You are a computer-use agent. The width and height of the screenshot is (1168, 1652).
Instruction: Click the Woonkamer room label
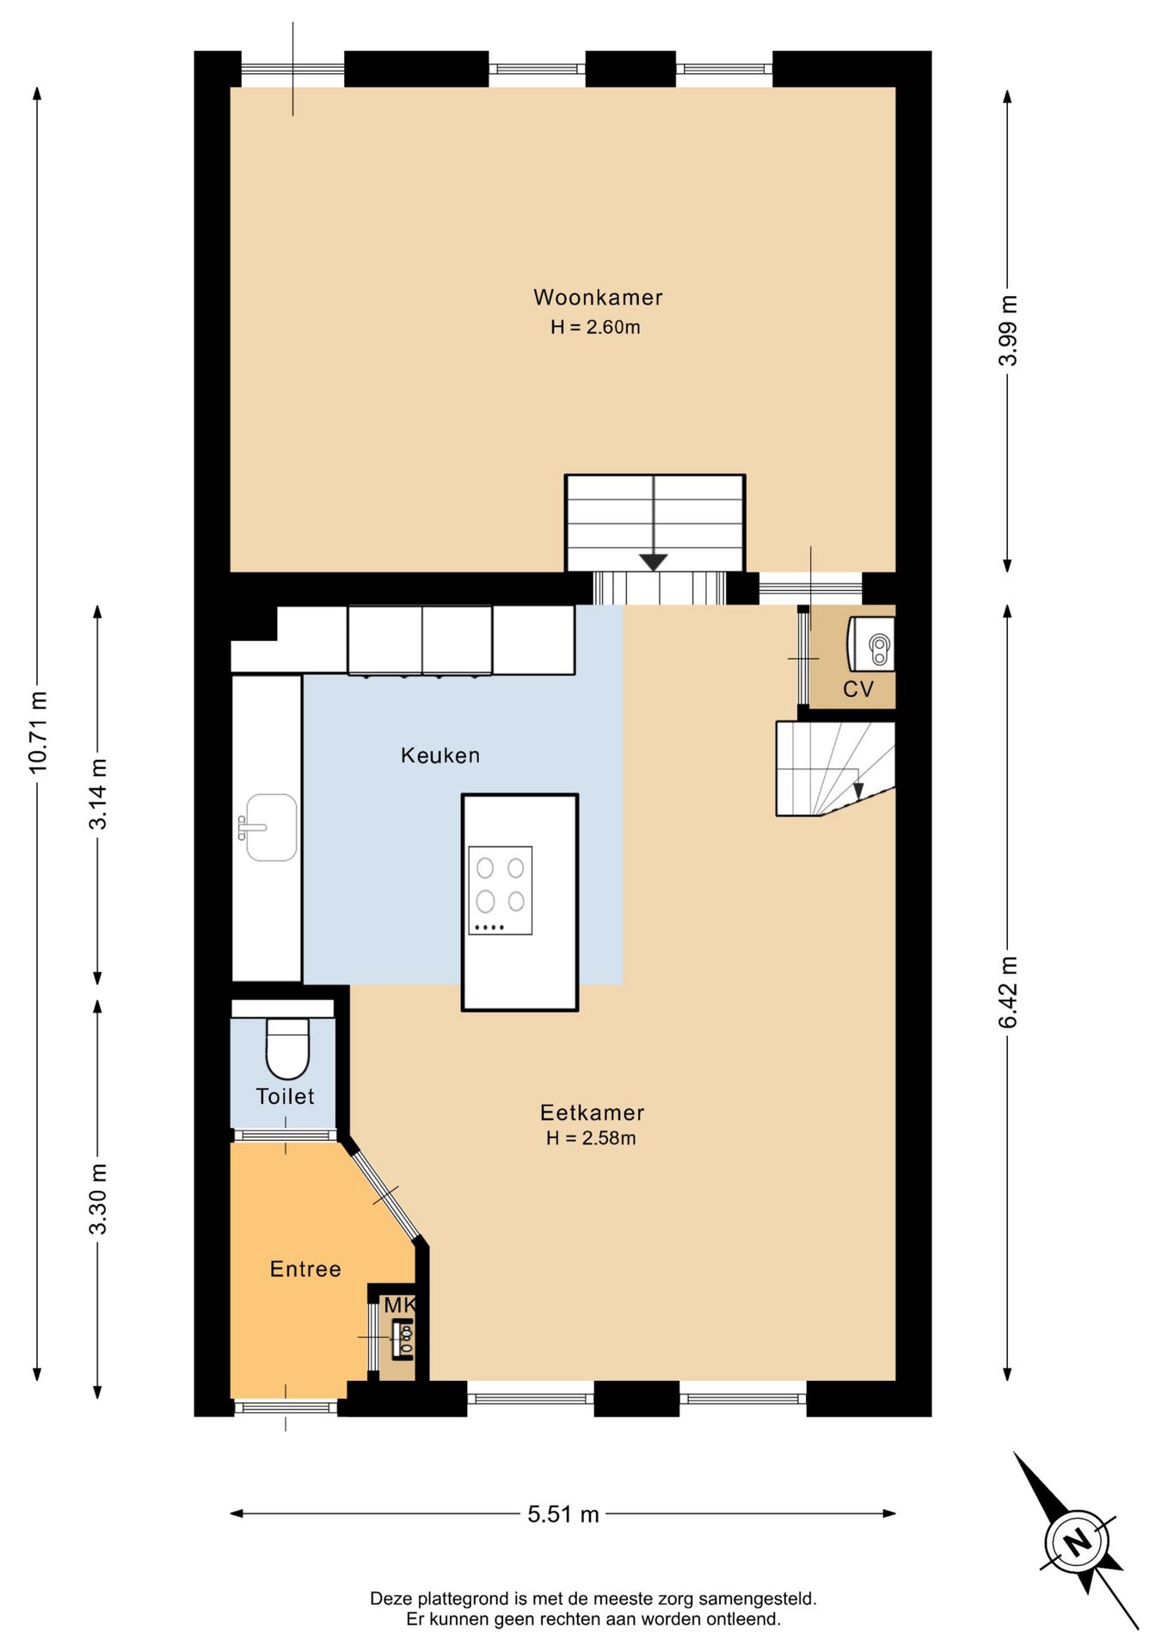click(598, 298)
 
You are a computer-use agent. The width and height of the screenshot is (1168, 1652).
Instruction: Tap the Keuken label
click(440, 755)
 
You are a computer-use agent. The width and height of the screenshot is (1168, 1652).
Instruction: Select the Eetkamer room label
click(592, 1113)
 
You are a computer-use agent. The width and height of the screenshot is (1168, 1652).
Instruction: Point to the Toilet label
click(285, 1096)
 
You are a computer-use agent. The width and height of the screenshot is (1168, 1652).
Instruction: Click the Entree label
click(305, 1269)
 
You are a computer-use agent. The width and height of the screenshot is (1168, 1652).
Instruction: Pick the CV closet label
click(858, 689)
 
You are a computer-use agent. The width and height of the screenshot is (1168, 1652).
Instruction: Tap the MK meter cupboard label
click(400, 1305)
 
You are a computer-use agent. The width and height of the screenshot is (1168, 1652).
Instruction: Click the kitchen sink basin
click(271, 828)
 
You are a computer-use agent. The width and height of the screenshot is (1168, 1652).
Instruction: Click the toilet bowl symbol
click(287, 1049)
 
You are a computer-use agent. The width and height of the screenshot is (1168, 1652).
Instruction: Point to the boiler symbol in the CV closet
click(871, 644)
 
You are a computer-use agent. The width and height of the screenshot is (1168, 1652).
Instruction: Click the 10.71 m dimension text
click(38, 731)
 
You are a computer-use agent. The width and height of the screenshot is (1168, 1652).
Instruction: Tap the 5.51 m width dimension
click(563, 1513)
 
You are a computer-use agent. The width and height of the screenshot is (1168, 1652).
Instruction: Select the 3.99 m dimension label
click(1008, 330)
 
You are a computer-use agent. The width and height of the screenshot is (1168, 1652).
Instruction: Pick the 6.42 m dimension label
click(1008, 992)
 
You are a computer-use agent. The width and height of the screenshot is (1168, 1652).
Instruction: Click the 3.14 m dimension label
click(98, 794)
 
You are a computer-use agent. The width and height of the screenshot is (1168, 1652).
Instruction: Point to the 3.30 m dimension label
click(98, 1199)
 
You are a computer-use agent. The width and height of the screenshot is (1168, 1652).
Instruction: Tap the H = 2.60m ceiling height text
click(595, 327)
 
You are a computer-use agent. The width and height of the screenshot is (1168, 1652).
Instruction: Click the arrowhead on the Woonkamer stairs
click(654, 563)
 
